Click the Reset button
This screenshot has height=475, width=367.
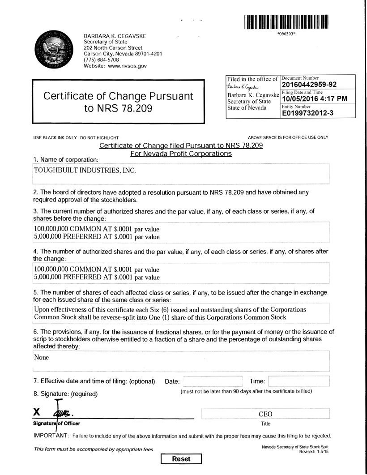[x=181, y=459]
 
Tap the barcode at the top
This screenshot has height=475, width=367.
[x=286, y=21]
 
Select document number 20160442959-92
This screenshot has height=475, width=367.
[x=309, y=85]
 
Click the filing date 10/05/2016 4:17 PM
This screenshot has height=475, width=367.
[x=314, y=99]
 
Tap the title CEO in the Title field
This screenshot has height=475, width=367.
[x=265, y=414]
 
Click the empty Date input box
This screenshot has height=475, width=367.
[x=213, y=381]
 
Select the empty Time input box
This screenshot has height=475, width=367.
[x=299, y=381]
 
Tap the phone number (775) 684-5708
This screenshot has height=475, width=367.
[x=102, y=60]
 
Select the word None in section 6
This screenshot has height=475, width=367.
[x=42, y=357]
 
